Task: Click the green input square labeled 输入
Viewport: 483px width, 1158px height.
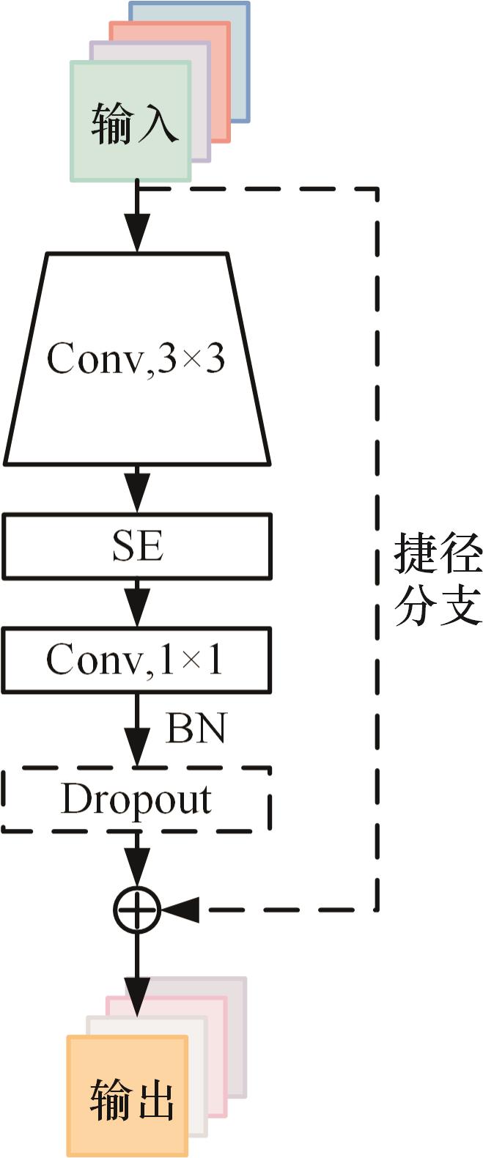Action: (130, 122)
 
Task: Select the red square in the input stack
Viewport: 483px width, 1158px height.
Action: (221, 81)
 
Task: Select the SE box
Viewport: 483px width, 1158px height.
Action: (137, 546)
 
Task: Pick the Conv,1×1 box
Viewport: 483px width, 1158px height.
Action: (137, 660)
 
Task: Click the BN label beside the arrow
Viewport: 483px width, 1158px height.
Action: (196, 729)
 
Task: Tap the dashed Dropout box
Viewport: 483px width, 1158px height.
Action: (137, 800)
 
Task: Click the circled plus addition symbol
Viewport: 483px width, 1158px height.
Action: (137, 910)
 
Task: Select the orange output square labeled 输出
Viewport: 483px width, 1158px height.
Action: (128, 1095)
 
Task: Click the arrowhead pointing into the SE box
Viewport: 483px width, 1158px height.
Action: (137, 498)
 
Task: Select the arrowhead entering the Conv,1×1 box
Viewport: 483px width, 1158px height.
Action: (137, 612)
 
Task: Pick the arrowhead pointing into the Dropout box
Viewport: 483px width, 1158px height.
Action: (137, 751)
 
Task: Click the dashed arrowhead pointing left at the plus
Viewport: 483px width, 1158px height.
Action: (180, 910)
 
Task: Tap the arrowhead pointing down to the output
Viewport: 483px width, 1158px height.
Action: (137, 1000)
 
